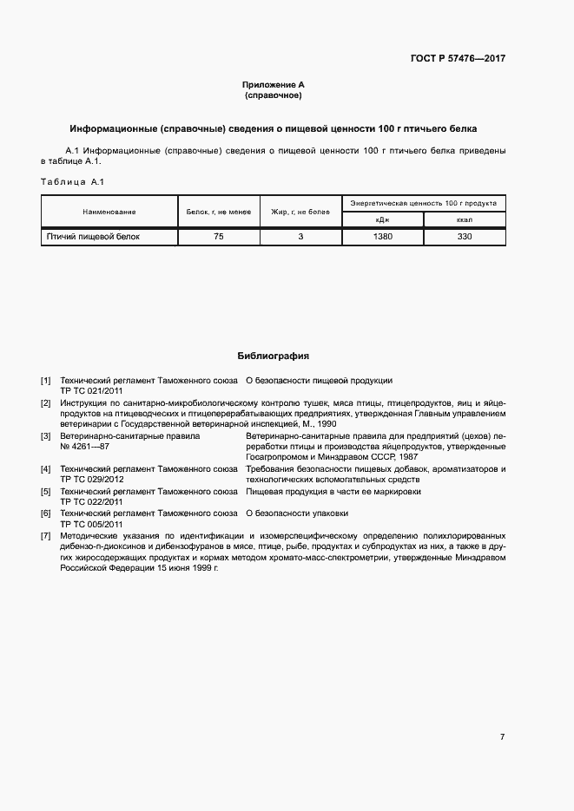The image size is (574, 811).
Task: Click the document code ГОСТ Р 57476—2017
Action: pos(458,59)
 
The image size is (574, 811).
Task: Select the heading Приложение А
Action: pos(274,84)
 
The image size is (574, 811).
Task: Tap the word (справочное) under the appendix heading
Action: pos(274,95)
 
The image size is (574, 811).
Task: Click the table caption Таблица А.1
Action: pos(72,181)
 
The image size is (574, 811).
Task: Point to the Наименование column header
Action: pos(109,212)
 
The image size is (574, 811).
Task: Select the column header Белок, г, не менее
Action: pos(218,212)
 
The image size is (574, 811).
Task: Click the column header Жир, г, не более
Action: pos(300,212)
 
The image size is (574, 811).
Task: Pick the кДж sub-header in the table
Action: pos(382,220)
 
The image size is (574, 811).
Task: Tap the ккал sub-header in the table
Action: pos(464,220)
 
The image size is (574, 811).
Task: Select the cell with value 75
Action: pos(218,236)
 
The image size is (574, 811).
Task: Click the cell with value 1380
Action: pos(382,236)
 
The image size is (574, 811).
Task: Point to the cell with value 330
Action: pos(464,236)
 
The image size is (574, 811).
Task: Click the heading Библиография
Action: pos(274,356)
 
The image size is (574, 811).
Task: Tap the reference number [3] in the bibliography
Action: pos(46,435)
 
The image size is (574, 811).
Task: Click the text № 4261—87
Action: pos(85,446)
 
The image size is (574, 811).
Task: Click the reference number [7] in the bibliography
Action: pos(46,536)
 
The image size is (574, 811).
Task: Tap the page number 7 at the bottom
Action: pos(502,737)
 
